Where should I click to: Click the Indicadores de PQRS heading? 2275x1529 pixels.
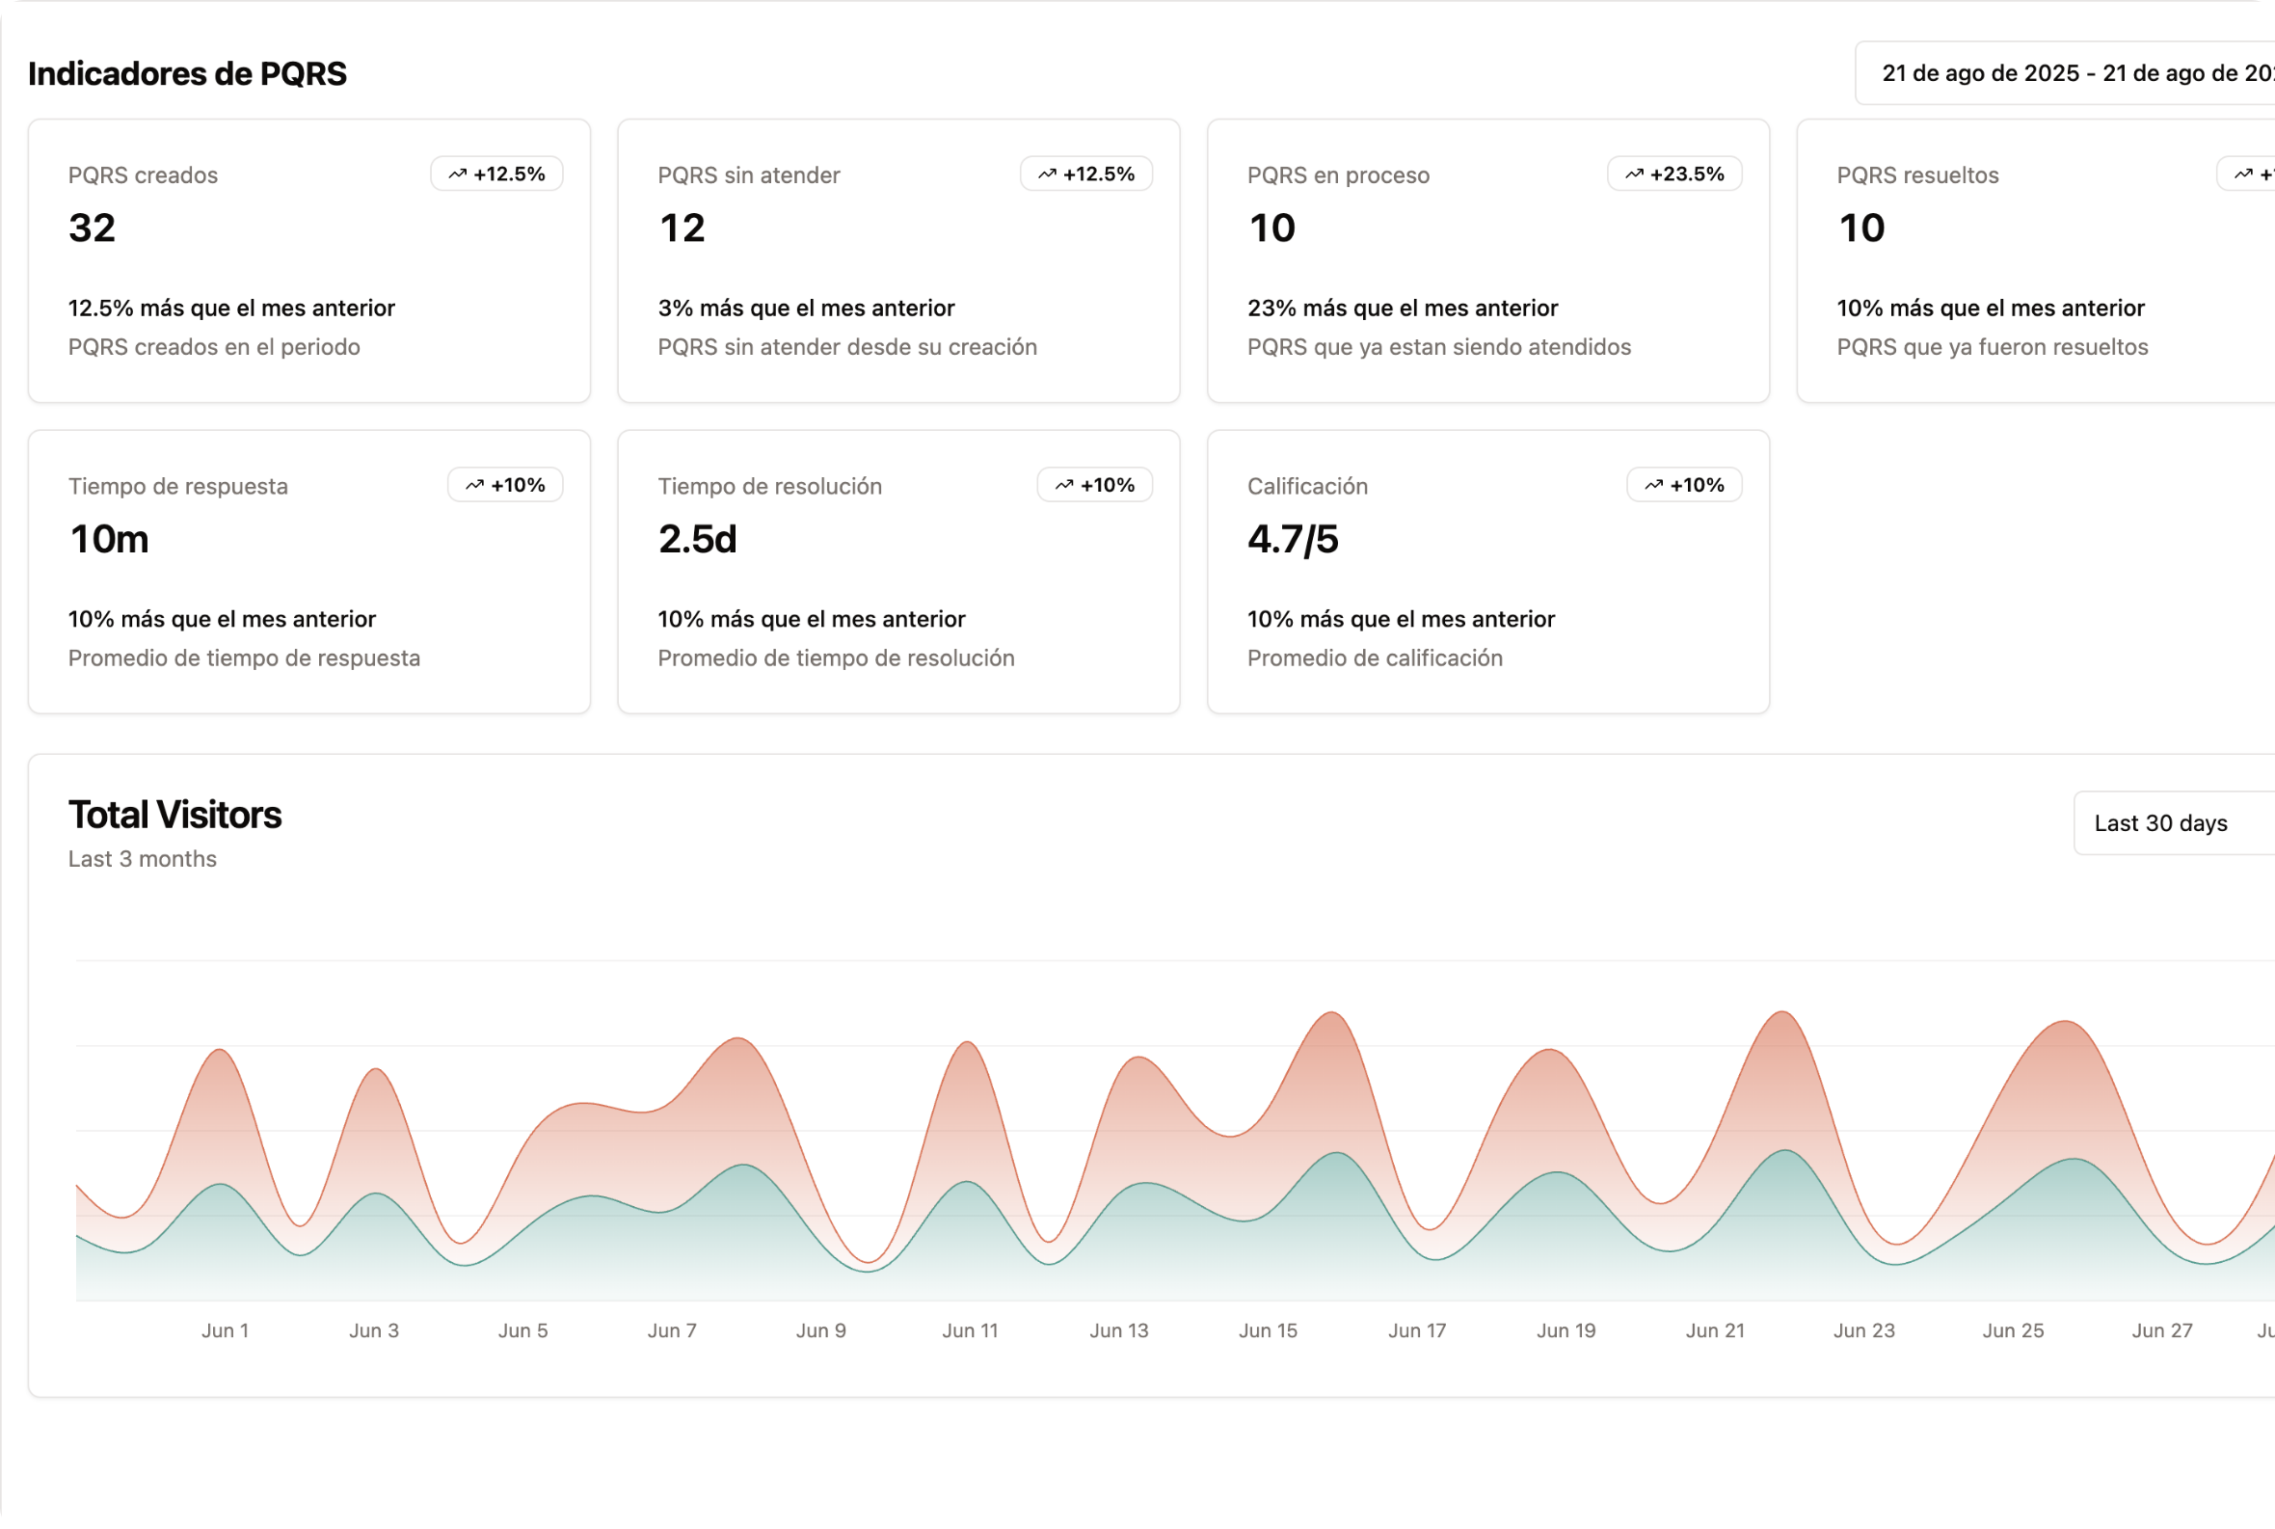187,74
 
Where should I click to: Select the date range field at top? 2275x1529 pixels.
2068,73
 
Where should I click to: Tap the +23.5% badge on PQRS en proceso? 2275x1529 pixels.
1674,174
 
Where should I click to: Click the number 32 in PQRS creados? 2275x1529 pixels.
92,228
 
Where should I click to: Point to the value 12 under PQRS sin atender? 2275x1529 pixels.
682,228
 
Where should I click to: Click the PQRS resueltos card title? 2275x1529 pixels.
1917,175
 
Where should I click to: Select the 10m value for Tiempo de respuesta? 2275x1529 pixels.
108,539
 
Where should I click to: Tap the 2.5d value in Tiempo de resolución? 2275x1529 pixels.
697,539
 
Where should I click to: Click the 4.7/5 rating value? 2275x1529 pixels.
1292,539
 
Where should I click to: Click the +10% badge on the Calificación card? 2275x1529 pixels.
1684,485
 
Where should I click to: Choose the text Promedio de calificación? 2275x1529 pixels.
1374,658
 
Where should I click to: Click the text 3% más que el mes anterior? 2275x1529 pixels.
806,308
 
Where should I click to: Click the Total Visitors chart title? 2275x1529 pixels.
174,816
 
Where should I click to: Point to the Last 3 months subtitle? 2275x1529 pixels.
143,859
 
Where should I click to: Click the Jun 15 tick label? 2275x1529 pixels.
1268,1331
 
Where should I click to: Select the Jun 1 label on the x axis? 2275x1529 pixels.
226,1331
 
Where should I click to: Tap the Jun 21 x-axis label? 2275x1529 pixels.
1715,1331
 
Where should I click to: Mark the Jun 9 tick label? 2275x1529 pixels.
821,1331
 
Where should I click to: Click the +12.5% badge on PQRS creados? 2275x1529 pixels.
497,174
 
